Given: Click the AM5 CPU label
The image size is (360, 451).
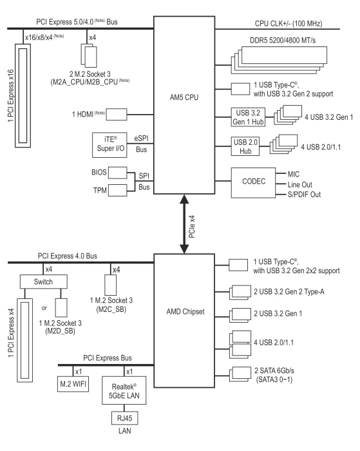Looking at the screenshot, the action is (x=184, y=97).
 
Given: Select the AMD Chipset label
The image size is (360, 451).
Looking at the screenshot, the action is (x=185, y=311).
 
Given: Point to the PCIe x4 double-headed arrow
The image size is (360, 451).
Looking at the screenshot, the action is (x=184, y=224).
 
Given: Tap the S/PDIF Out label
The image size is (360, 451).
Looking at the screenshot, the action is (x=304, y=195).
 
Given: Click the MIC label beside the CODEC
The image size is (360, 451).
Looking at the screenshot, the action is (x=294, y=174).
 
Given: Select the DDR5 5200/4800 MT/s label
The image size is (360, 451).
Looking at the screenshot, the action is (x=283, y=40).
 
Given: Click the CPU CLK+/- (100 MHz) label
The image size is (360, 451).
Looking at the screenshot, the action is (x=289, y=24).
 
